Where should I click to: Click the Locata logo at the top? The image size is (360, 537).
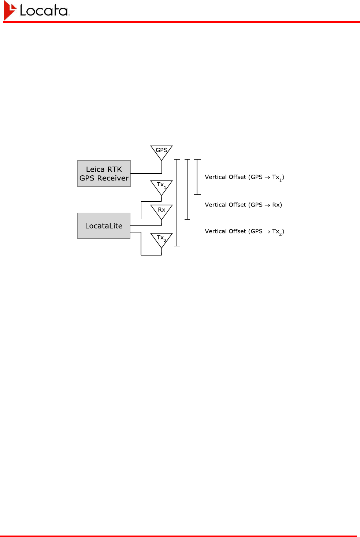tap(37, 10)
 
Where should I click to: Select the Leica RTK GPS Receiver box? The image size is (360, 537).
tap(104, 174)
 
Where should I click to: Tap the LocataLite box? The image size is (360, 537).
tap(104, 226)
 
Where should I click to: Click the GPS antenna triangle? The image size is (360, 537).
tap(162, 151)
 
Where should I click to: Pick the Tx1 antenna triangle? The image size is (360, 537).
tap(162, 186)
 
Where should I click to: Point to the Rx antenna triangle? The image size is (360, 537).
tap(162, 210)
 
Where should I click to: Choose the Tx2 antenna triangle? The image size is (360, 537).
tap(162, 239)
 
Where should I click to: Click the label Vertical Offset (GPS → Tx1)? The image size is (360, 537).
tap(244, 177)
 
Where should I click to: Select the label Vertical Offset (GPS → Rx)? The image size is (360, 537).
tap(243, 205)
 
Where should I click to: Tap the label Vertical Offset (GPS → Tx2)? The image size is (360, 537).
tap(244, 231)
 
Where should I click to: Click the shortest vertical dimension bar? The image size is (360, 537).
tap(197, 177)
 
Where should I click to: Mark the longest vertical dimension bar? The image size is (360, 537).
tap(177, 202)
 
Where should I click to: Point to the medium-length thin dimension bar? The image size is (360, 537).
tap(188, 189)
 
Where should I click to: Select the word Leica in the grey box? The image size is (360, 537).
tap(95, 169)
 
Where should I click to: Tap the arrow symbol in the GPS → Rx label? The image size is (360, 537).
tap(267, 205)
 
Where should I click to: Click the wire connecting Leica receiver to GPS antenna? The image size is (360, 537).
tap(146, 173)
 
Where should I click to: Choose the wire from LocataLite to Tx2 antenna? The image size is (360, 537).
tap(141, 243)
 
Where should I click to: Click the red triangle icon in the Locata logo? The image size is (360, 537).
tap(10, 10)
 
